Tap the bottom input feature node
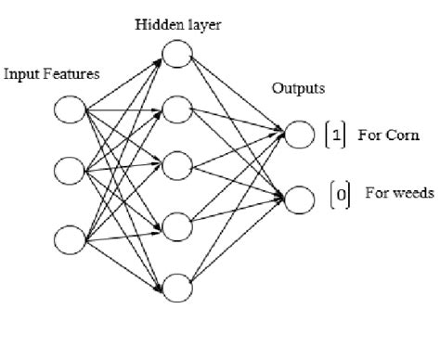pyautogui.click(x=69, y=239)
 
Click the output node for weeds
pyautogui.click(x=299, y=197)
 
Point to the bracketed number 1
pyautogui.click(x=337, y=135)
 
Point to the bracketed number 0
pyautogui.click(x=341, y=194)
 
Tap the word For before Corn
pyautogui.click(x=372, y=135)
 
